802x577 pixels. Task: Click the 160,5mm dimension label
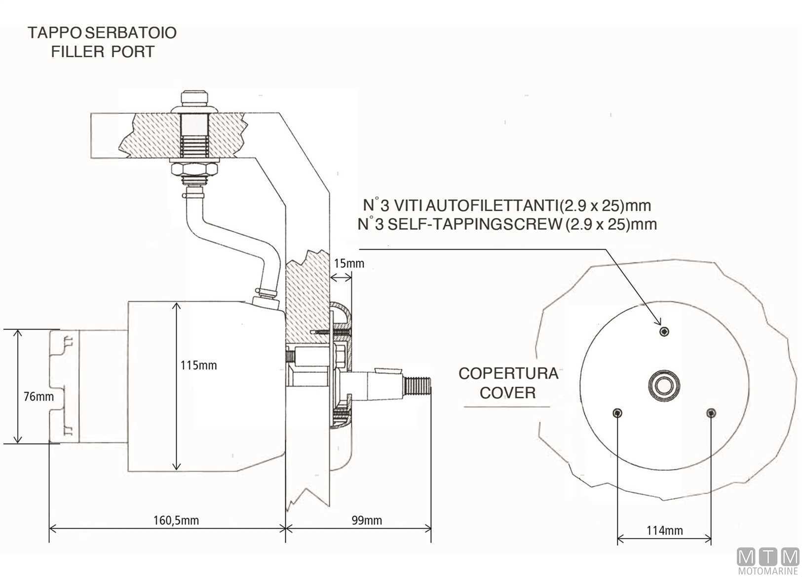coord(176,520)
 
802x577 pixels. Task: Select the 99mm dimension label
coord(367,520)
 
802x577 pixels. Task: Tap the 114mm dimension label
coord(665,531)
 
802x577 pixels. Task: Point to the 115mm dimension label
coord(198,365)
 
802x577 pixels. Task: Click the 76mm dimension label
coord(38,396)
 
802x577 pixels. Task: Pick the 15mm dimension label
coord(349,263)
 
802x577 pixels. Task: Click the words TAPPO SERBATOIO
coord(102,33)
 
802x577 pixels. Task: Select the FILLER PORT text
coord(103,52)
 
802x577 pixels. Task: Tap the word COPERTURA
coord(508,373)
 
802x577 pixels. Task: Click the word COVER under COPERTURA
coord(508,393)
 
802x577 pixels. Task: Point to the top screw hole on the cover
coord(665,331)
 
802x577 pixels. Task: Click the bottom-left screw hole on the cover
coord(617,413)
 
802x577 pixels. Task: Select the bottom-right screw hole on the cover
coord(711,413)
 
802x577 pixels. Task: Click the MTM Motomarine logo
coord(768,561)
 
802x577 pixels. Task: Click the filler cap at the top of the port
coord(194,99)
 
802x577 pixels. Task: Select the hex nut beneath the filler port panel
coord(194,171)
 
